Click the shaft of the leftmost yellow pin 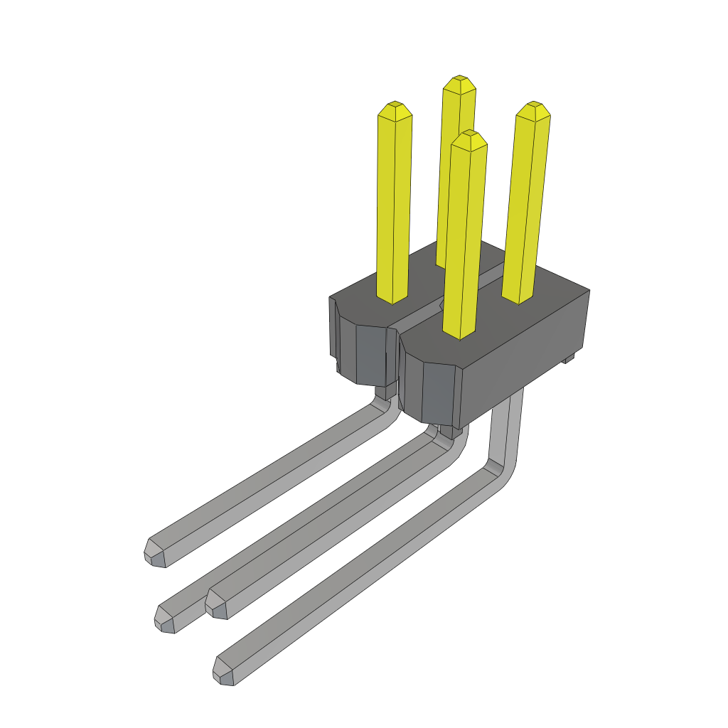coord(394,206)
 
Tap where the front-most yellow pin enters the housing coord(460,334)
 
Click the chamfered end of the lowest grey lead coord(225,672)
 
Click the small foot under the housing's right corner coord(568,359)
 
